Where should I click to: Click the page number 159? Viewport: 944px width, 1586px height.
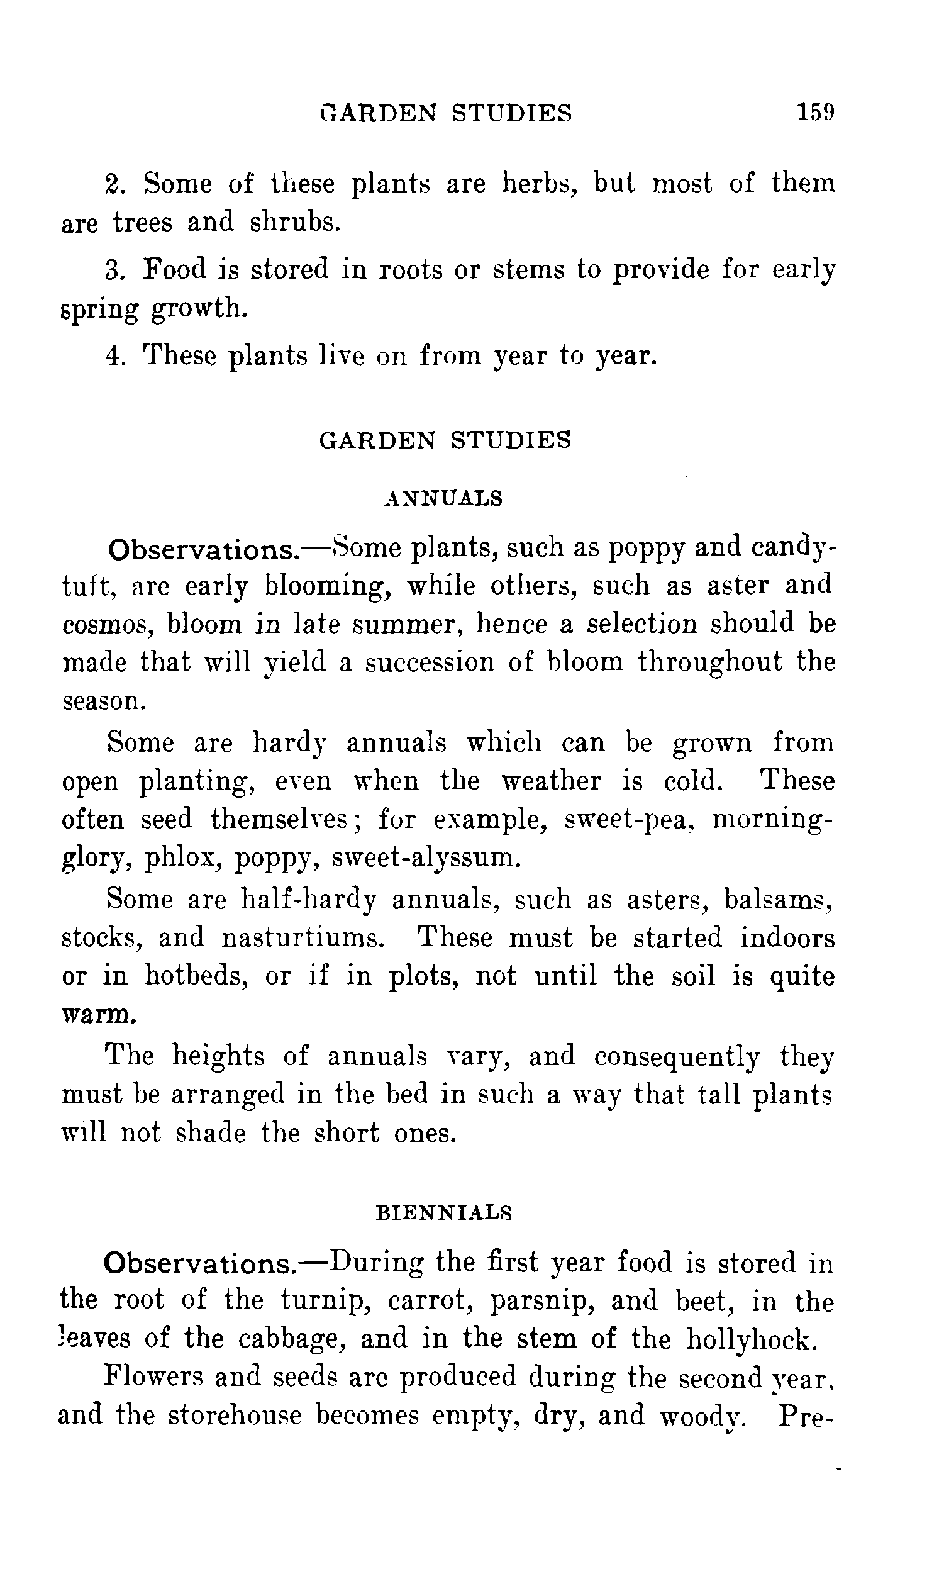tap(815, 113)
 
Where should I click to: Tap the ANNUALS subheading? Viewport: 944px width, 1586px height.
tap(443, 498)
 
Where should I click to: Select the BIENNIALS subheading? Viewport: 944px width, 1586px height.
tap(444, 1213)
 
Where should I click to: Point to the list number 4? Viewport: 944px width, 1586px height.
tap(113, 355)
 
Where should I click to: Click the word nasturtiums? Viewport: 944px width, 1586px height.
tap(303, 938)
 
